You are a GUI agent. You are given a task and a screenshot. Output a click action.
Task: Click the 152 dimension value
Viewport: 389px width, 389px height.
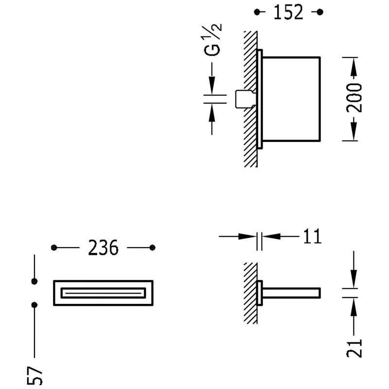(x=288, y=12)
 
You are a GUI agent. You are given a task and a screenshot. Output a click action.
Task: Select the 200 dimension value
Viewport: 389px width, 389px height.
(x=354, y=98)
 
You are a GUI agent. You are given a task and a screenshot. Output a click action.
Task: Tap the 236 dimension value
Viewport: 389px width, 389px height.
(x=103, y=248)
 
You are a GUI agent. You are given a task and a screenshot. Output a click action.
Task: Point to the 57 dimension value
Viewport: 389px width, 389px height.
(x=35, y=375)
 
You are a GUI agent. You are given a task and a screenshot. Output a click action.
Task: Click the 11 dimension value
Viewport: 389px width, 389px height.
(x=312, y=236)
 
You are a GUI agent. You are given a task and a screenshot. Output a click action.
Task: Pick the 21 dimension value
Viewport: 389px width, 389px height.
(x=354, y=348)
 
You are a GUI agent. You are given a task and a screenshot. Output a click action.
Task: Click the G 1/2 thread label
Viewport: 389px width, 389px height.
(x=212, y=40)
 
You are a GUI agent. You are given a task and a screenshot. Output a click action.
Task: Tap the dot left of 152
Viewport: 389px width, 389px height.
(x=257, y=12)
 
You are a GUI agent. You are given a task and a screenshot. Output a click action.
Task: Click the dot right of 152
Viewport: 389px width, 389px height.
(x=320, y=12)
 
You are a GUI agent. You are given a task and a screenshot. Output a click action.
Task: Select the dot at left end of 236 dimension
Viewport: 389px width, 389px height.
(x=54, y=248)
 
